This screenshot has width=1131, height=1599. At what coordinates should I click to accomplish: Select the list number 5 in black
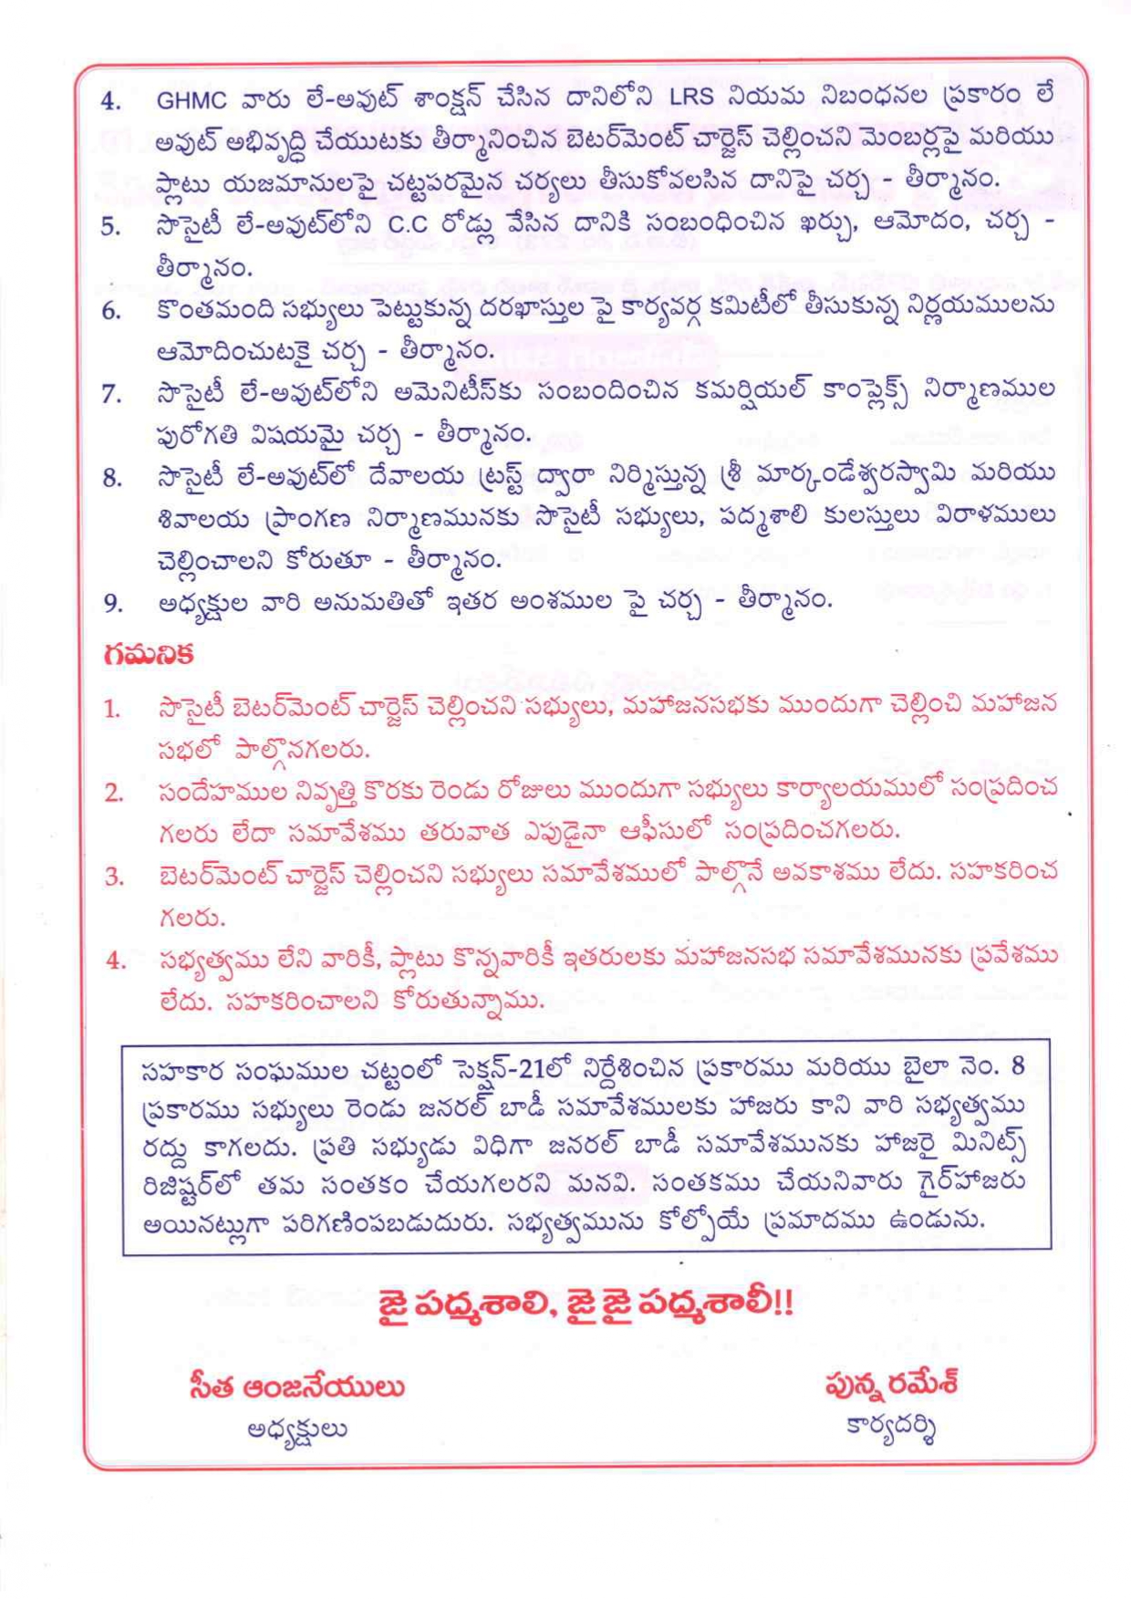[x=111, y=227]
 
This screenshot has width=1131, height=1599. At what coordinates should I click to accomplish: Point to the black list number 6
[x=111, y=311]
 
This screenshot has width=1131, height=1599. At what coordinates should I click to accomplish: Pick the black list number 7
[x=111, y=394]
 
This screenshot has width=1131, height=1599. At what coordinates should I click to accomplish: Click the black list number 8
[x=111, y=477]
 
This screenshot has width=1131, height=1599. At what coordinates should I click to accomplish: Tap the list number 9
[x=111, y=602]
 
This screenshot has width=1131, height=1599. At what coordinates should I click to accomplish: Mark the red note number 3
[x=113, y=877]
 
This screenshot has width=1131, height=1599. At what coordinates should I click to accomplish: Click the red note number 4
[x=113, y=960]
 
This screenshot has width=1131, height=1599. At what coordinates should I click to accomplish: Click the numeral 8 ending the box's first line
[x=1018, y=1066]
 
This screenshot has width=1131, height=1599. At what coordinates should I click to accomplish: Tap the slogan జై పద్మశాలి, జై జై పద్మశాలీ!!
[x=585, y=1303]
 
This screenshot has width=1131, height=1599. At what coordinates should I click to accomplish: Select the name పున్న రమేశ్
[x=890, y=1386]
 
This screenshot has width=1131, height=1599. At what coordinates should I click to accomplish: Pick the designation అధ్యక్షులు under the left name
[x=296, y=1429]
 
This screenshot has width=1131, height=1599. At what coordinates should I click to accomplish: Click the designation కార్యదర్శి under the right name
[x=890, y=1427]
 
